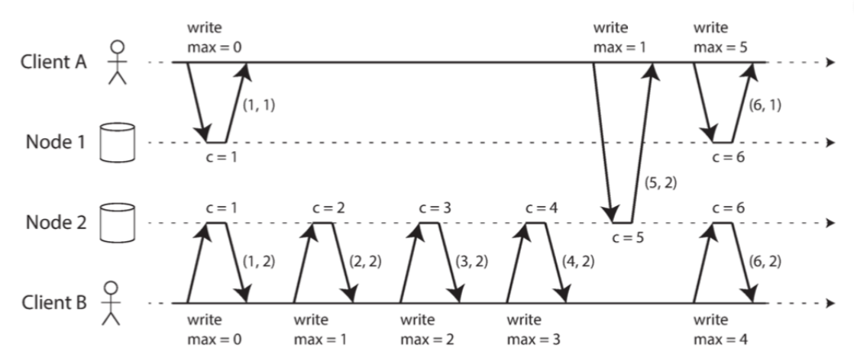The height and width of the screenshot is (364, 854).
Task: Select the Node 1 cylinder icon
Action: coord(118,143)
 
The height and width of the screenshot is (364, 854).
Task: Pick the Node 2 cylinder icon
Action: coord(118,223)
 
